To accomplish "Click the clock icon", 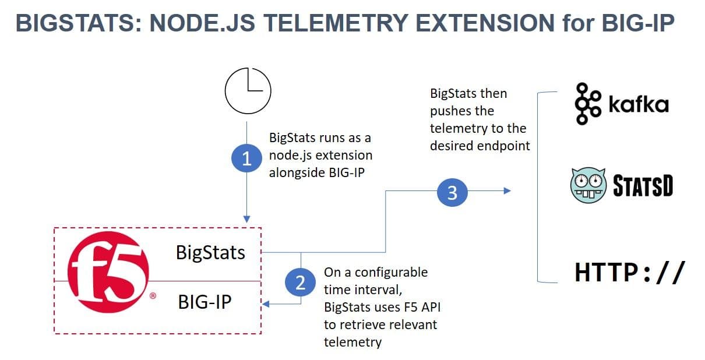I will coord(248,91).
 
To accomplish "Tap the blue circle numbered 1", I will coord(246,159).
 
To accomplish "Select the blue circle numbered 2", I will coord(300,283).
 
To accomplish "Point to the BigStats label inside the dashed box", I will coord(210,252).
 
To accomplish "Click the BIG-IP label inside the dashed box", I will coord(205,302).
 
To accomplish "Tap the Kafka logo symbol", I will coord(587,104).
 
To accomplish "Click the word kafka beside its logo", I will coord(638,105).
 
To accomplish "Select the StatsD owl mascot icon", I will coord(587,186).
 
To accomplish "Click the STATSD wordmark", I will coord(643,186).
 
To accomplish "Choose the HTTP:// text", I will coord(626,273).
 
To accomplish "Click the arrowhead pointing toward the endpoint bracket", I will coord(507,191).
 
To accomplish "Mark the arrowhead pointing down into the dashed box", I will coord(246,219).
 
